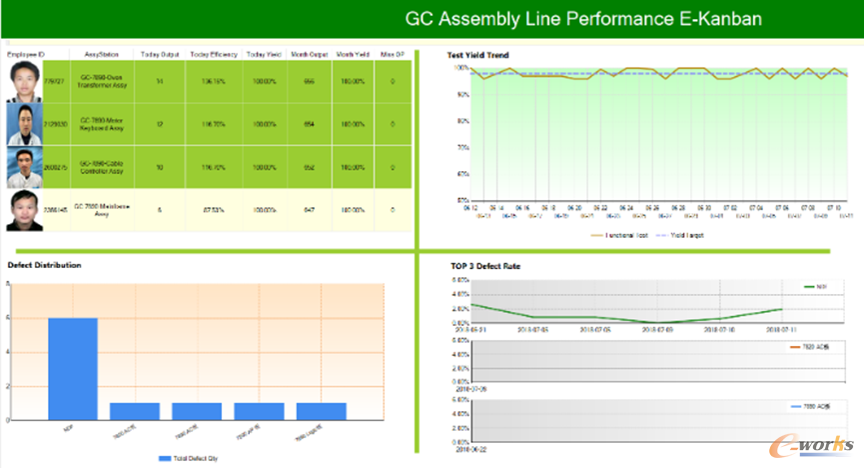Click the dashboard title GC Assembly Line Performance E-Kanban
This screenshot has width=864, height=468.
[x=583, y=18]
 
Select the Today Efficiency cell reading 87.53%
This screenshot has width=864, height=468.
[x=212, y=210]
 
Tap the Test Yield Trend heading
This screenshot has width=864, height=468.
[x=484, y=54]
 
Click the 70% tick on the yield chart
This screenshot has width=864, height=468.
[x=462, y=148]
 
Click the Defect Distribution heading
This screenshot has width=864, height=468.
[x=44, y=265]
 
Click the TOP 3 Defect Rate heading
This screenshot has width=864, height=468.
[x=485, y=265]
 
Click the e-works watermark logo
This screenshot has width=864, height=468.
[x=814, y=443]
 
